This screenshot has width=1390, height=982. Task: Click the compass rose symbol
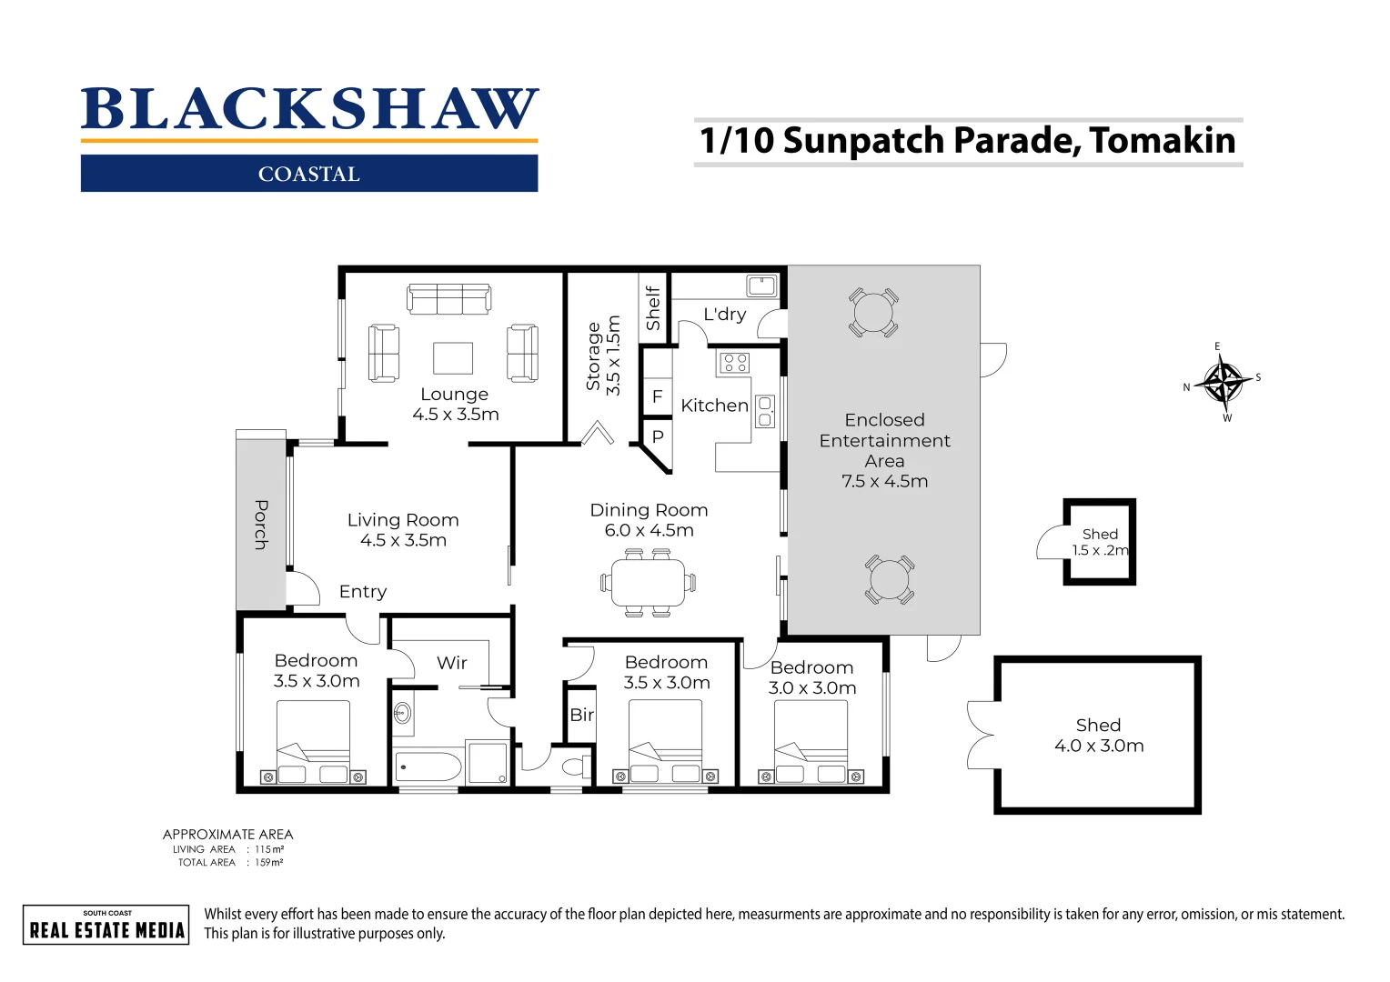pos(1224,383)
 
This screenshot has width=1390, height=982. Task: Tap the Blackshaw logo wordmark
pos(309,110)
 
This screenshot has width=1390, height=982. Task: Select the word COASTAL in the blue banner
pos(309,174)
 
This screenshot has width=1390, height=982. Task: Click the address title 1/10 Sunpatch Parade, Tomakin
pos(968,141)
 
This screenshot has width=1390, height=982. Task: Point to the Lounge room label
pos(454,395)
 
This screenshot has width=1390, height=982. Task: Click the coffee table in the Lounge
pos(453,358)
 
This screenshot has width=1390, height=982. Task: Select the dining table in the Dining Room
pos(648,583)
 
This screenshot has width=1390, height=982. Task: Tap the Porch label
pos(261,525)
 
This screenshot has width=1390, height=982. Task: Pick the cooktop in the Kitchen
pos(735,364)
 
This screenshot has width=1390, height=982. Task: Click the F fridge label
pos(657,397)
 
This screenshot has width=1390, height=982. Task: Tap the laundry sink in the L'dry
pos(761,286)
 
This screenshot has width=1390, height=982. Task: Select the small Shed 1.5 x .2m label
pos(1100,542)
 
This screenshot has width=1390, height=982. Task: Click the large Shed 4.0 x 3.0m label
pos(1098,736)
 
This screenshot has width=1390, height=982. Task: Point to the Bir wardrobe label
pos(581,716)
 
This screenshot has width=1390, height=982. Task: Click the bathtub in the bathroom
pos(428,767)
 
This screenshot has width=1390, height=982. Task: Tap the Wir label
pos(451,663)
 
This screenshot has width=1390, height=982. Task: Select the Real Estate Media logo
pos(106,925)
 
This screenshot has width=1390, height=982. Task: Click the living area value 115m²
pos(269,849)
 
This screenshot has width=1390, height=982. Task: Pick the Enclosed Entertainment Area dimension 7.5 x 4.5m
pos(884,482)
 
